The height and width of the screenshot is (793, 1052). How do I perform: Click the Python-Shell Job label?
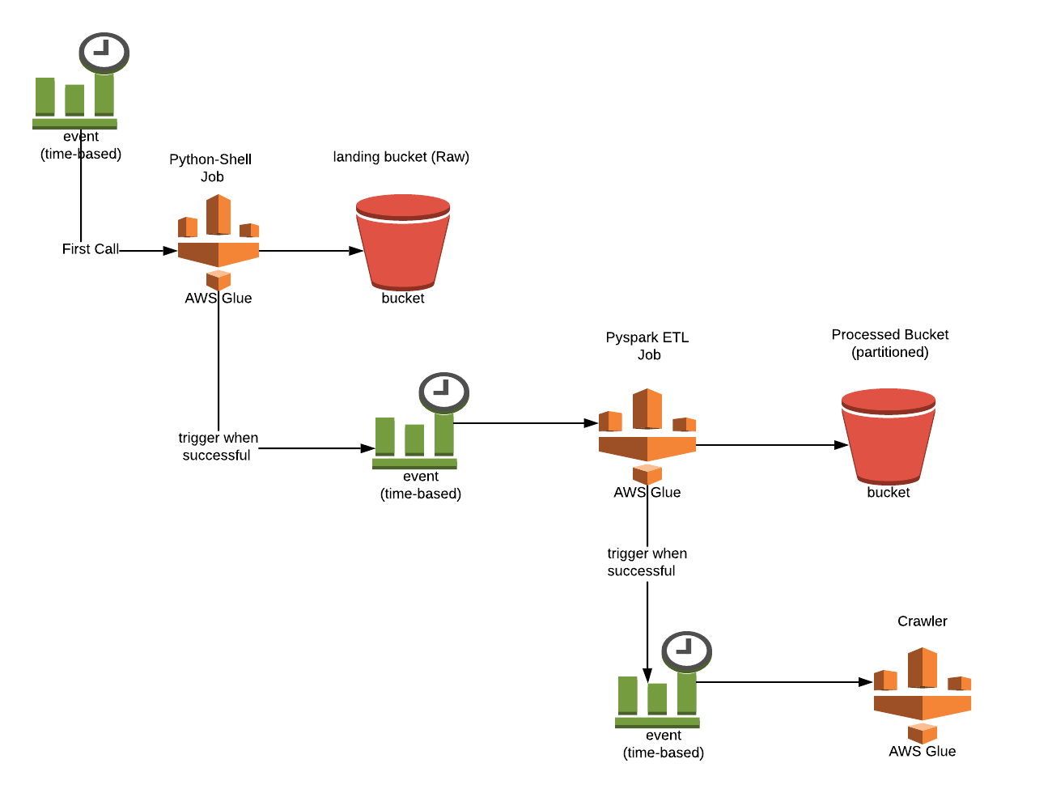click(x=210, y=168)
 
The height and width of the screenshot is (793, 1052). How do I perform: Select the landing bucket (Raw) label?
click(x=401, y=157)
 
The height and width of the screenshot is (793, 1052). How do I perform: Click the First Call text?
click(x=90, y=249)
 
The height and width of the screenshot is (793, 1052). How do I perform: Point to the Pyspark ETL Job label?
click(x=647, y=346)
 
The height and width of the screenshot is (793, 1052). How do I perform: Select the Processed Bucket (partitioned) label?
click(x=889, y=343)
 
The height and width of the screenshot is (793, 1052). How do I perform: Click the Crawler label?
click(x=922, y=621)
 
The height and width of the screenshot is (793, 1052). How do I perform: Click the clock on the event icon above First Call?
click(x=104, y=53)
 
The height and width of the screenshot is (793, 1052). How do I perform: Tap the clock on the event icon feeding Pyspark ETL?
click(x=443, y=392)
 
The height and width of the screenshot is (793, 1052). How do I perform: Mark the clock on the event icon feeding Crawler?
click(x=686, y=651)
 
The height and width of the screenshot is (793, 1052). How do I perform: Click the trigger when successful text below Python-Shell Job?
click(x=218, y=447)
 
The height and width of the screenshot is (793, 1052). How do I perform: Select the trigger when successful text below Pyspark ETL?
click(x=647, y=562)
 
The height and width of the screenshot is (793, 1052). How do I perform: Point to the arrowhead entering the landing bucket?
click(x=356, y=251)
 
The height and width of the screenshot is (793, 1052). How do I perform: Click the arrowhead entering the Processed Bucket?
click(x=842, y=445)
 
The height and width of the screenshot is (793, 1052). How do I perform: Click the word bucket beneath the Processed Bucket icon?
click(x=889, y=493)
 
